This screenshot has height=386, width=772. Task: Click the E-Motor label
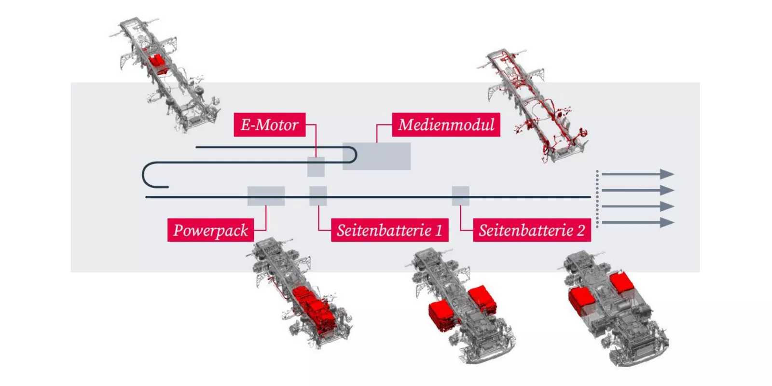[x=270, y=125]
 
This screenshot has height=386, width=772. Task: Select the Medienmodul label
[x=446, y=125]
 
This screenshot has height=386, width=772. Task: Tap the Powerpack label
[x=210, y=230]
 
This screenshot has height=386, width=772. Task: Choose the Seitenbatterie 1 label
[x=390, y=230]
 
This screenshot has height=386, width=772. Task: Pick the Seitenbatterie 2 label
[x=532, y=230]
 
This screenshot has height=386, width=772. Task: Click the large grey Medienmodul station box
[x=377, y=156]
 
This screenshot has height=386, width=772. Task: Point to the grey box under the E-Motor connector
[x=316, y=167]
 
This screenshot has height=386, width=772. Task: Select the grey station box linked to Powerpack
[x=266, y=196]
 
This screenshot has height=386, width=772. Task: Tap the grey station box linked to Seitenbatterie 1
[x=318, y=196]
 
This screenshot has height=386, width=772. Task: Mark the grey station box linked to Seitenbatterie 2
[x=461, y=196]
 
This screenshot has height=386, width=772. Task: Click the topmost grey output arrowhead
[x=667, y=174]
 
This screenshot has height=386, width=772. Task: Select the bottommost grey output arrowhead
[x=667, y=222]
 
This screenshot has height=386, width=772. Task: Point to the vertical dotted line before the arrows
[x=597, y=199]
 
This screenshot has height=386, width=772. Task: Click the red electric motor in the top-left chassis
[x=157, y=63]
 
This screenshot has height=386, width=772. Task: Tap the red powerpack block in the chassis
[x=314, y=308]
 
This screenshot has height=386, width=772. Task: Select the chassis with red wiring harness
[x=533, y=105]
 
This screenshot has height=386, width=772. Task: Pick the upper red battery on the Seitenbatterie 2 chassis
[x=622, y=283]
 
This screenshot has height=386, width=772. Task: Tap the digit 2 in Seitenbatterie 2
[x=581, y=230]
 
